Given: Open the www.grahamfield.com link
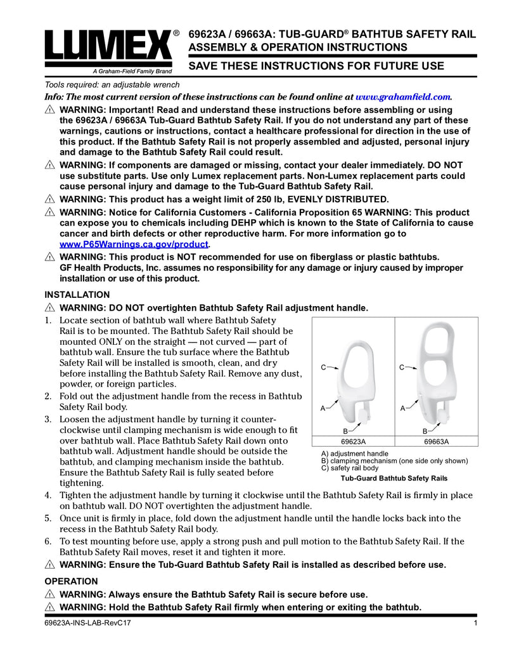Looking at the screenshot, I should (x=404, y=97).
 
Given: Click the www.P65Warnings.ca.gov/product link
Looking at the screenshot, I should (x=134, y=245).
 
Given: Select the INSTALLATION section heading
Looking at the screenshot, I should (x=77, y=295).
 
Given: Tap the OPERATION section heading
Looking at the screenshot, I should (x=71, y=581).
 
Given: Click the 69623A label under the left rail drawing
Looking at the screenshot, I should (x=354, y=442).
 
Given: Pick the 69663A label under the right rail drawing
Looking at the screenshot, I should (x=436, y=442).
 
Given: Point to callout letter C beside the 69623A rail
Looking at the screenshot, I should (x=323, y=367).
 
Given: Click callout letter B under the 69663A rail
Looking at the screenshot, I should (x=423, y=430).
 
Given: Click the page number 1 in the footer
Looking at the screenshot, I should (x=475, y=624).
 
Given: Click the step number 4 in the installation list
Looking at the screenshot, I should (x=48, y=494).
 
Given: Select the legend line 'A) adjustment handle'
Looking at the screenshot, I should (x=355, y=454).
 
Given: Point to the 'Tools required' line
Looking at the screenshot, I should (x=112, y=85).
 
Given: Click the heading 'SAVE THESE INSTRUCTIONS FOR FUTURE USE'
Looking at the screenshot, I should (x=317, y=66).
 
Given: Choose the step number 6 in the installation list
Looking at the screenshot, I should (x=48, y=541).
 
